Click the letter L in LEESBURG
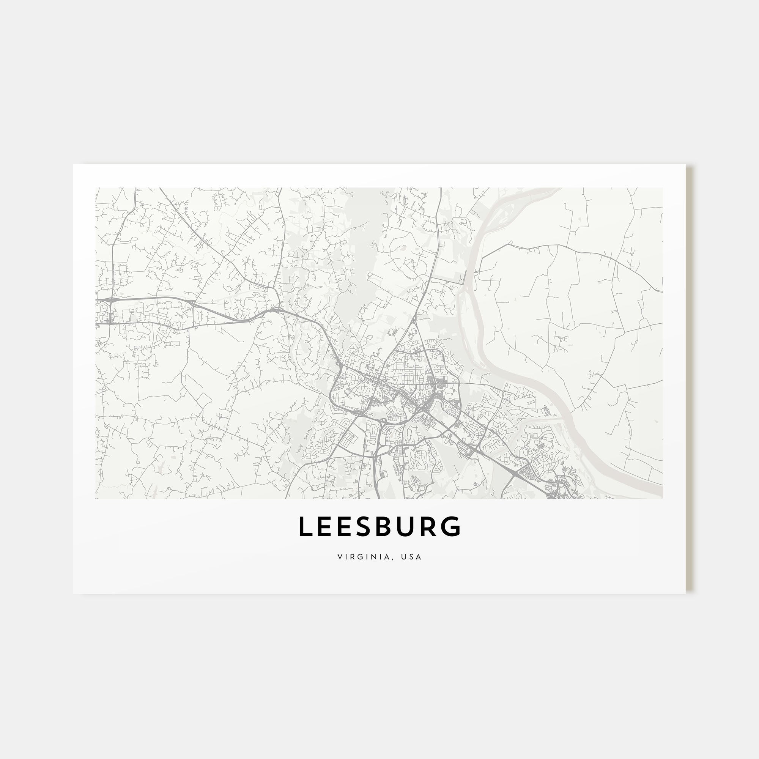click(x=305, y=527)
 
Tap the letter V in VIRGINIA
click(x=339, y=557)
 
